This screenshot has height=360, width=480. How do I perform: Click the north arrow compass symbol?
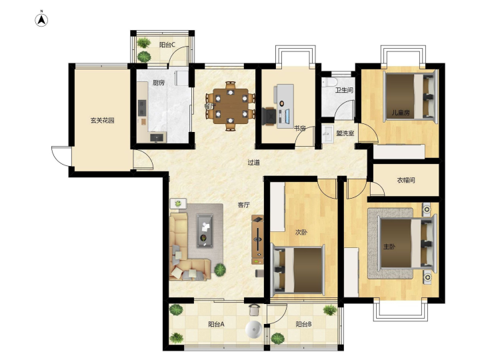click(41, 20)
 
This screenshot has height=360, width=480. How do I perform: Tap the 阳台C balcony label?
click(167, 45)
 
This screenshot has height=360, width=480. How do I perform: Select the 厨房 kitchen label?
click(159, 83)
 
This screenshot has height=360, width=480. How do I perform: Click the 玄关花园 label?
click(102, 120)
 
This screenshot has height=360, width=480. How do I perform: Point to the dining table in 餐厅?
click(231, 106)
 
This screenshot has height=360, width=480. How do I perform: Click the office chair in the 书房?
click(269, 116)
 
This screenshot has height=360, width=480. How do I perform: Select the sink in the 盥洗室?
click(328, 133)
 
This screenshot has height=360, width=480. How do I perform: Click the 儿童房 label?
click(401, 113)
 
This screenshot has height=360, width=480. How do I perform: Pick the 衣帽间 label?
click(406, 180)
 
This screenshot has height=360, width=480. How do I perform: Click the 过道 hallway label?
click(253, 163)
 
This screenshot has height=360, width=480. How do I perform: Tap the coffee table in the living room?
click(205, 231)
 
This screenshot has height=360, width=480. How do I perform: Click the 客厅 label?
click(244, 205)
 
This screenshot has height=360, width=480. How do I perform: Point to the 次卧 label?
click(301, 233)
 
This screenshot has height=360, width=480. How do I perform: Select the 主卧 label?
click(389, 247)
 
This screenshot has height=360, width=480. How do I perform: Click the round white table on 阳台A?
click(254, 329)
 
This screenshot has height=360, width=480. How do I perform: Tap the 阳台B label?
click(304, 324)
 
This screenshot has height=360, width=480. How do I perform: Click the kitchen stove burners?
click(142, 108)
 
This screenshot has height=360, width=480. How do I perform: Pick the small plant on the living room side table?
click(178, 203)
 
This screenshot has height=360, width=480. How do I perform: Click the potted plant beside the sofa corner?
click(220, 270)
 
